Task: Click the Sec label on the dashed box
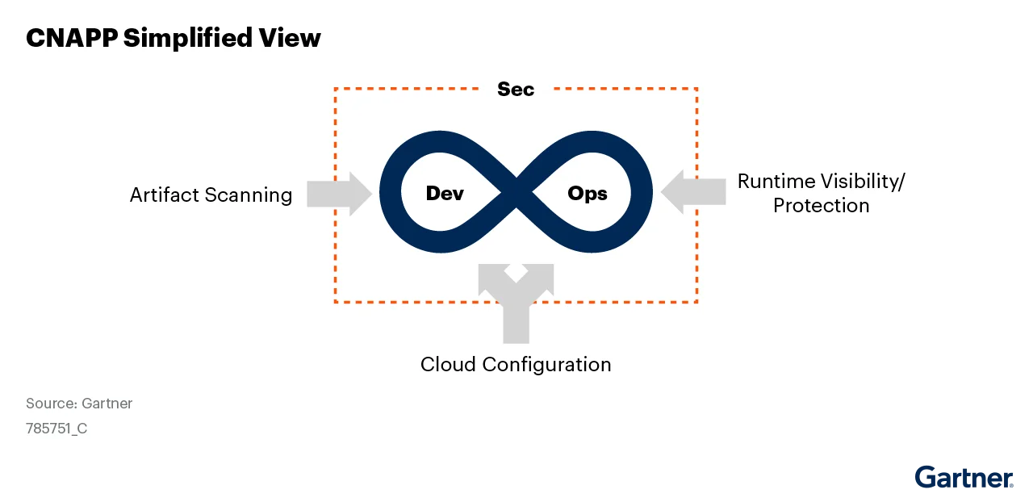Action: click(516, 89)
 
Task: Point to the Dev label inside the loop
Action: click(445, 194)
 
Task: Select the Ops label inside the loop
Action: click(588, 194)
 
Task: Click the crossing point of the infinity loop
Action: click(516, 194)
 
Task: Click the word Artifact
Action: click(165, 195)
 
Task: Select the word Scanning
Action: click(249, 195)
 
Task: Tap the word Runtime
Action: click(776, 181)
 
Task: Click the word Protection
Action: click(821, 205)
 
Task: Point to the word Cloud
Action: click(448, 364)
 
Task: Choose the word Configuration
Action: click(547, 364)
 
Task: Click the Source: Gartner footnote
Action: click(79, 403)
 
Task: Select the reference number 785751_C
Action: click(56, 429)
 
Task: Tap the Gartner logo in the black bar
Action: click(964, 478)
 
